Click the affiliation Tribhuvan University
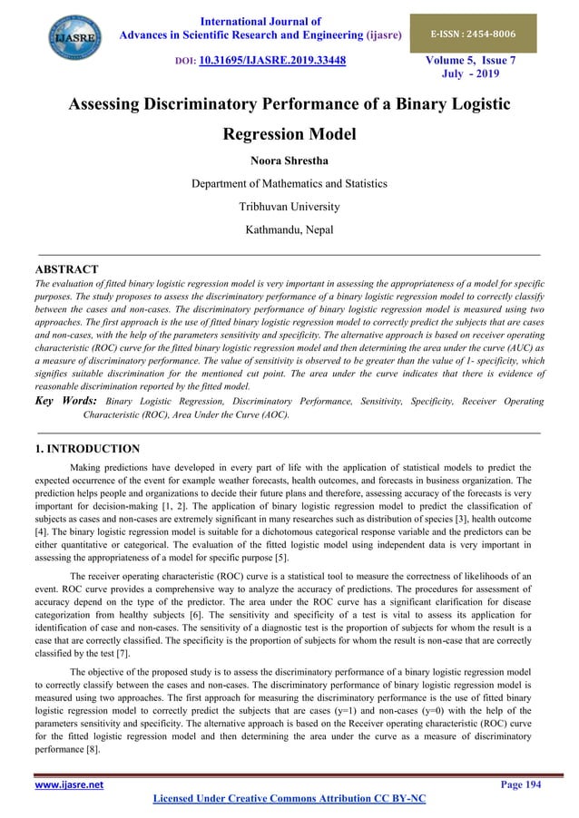289,207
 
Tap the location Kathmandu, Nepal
289,229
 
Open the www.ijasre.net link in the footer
67,784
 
